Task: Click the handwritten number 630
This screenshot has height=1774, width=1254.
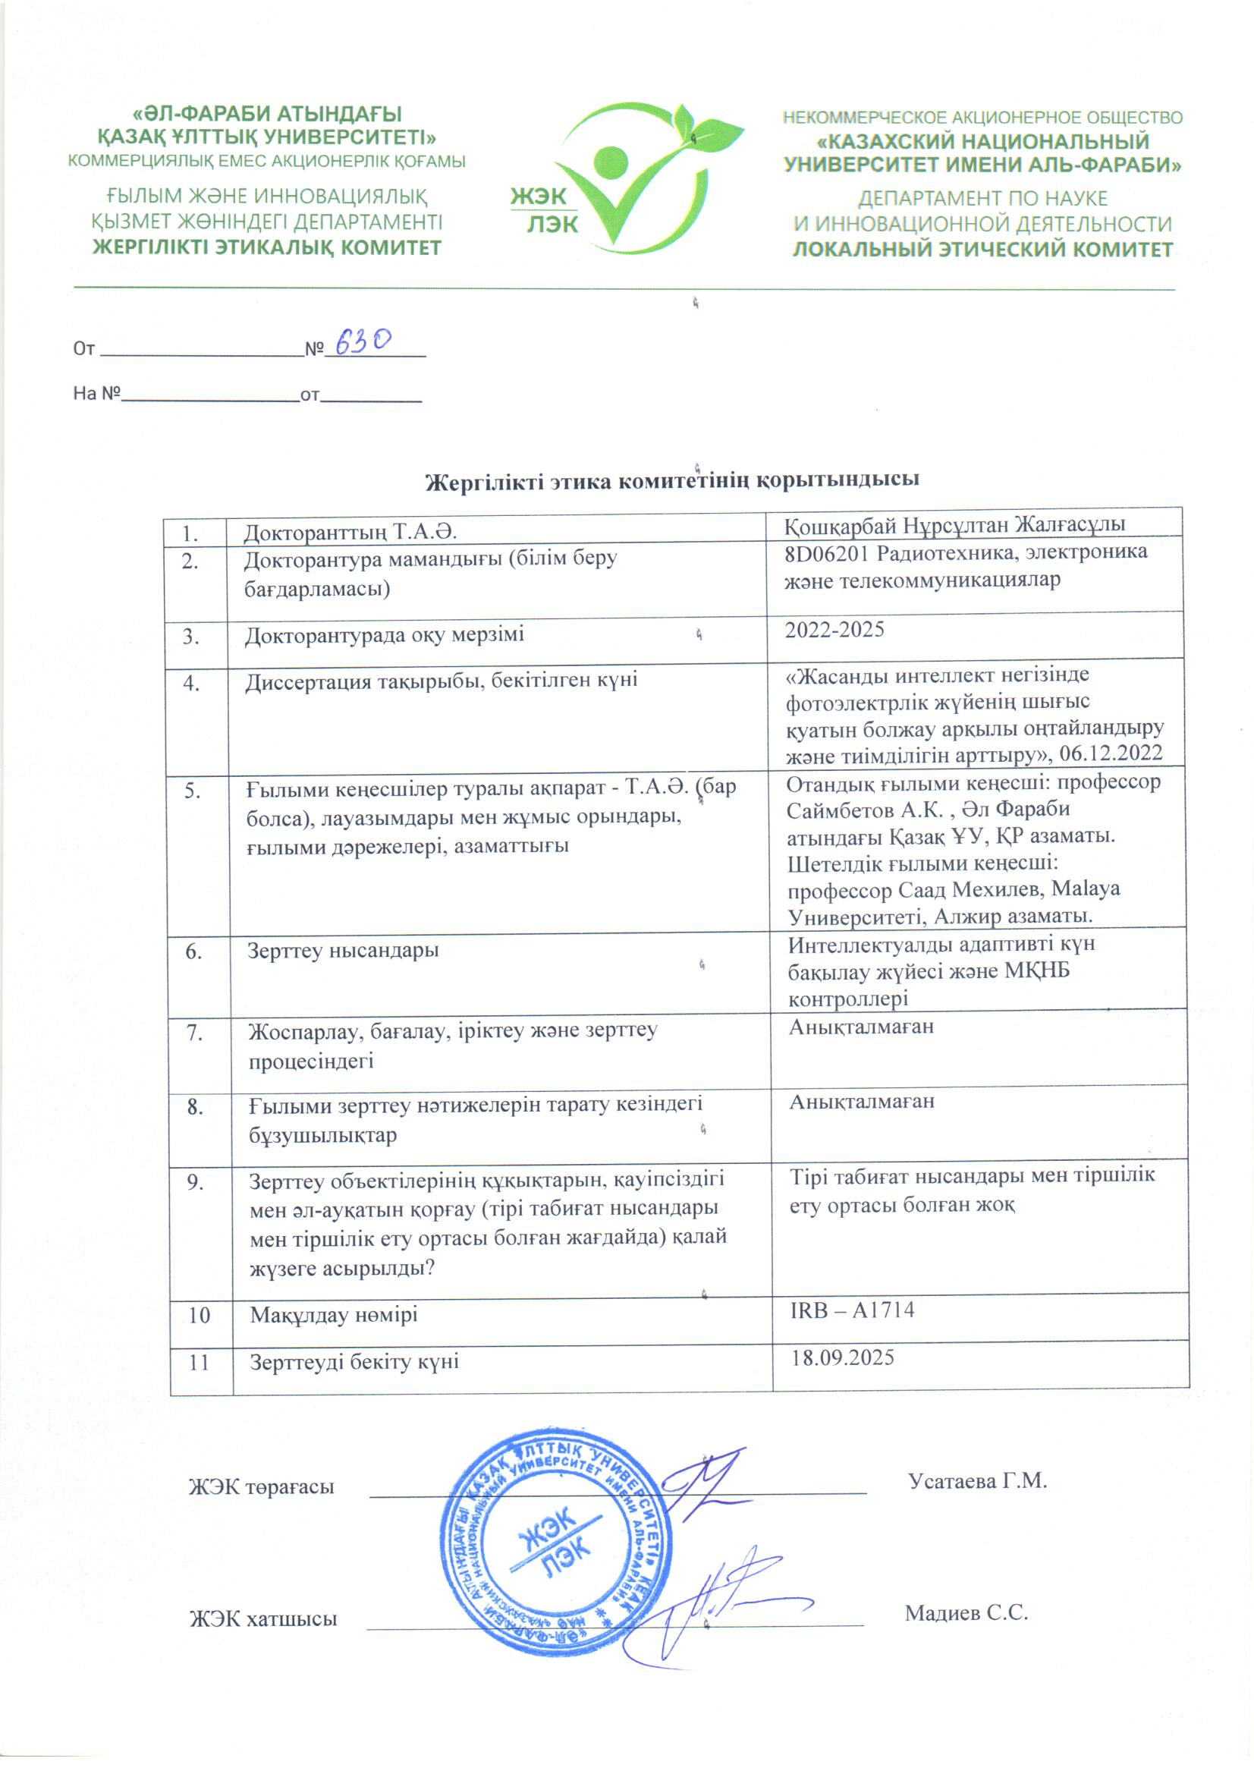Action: tap(363, 341)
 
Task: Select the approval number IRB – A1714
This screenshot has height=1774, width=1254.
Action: tap(851, 1310)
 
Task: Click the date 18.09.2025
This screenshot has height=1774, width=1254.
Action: tap(841, 1357)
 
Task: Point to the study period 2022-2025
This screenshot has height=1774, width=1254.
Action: tap(834, 630)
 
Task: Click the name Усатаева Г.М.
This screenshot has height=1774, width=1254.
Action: tap(976, 1480)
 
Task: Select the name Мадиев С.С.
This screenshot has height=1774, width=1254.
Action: tap(966, 1613)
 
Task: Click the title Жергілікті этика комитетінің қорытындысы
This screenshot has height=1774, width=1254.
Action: tap(672, 480)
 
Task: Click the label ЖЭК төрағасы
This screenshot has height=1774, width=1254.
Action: tap(261, 1486)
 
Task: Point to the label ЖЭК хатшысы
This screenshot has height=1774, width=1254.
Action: tap(262, 1618)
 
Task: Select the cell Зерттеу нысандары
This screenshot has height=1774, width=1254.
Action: tap(342, 949)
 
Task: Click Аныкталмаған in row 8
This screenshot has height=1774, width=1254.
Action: tap(862, 1101)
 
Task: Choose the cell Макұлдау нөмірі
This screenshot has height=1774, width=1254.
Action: tap(333, 1314)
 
